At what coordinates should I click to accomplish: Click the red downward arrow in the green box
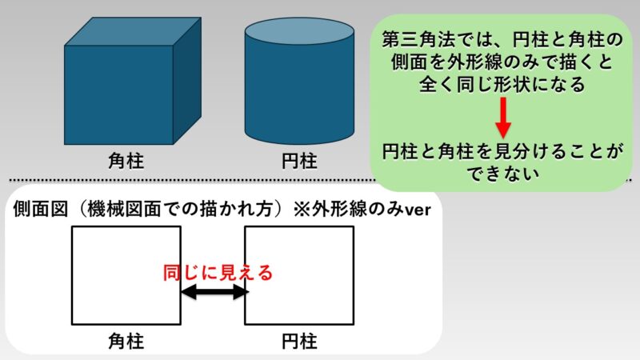pyautogui.click(x=503, y=118)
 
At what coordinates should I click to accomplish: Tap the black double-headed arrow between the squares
pyautogui.click(x=214, y=292)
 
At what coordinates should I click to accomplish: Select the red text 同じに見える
pyautogui.click(x=218, y=273)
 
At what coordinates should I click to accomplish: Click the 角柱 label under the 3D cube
pyautogui.click(x=126, y=161)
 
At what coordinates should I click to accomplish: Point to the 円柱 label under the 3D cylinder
pyautogui.click(x=299, y=162)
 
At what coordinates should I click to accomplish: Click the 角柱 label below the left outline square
pyautogui.click(x=126, y=342)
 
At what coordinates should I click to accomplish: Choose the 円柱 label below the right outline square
pyautogui.click(x=299, y=342)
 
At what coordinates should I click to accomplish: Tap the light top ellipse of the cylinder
pyautogui.click(x=299, y=31)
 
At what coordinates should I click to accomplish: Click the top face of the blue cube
pyautogui.click(x=133, y=31)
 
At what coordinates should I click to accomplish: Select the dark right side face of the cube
pyautogui.click(x=187, y=81)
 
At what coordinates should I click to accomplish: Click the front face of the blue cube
pyautogui.click(x=118, y=94)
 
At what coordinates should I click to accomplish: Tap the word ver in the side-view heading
pyautogui.click(x=418, y=210)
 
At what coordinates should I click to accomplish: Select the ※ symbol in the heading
pyautogui.click(x=302, y=210)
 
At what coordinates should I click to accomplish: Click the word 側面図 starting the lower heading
pyautogui.click(x=40, y=210)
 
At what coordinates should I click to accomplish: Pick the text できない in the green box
pyautogui.click(x=503, y=174)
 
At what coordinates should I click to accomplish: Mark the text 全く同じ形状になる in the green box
pyautogui.click(x=502, y=85)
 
